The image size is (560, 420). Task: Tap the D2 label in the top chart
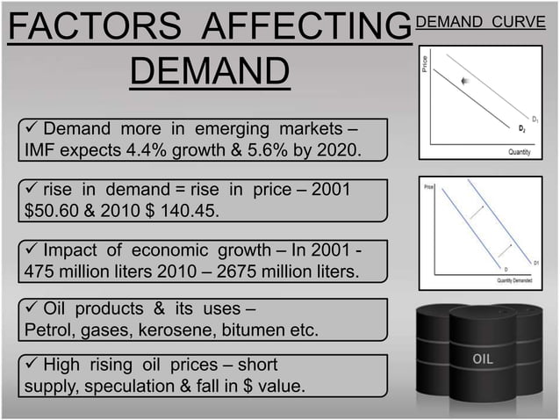click(522, 129)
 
